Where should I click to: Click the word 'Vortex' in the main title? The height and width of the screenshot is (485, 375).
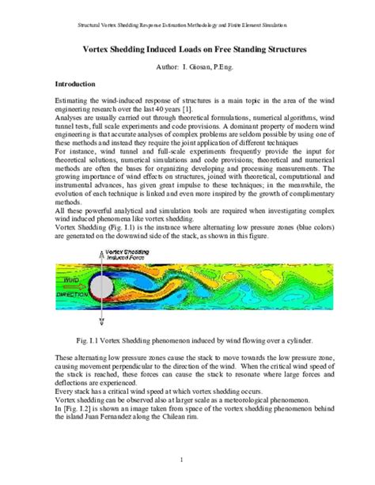[107, 51]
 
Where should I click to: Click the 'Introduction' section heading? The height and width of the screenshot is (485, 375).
[76, 83]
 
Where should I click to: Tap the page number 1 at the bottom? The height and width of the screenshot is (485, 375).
[187, 460]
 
